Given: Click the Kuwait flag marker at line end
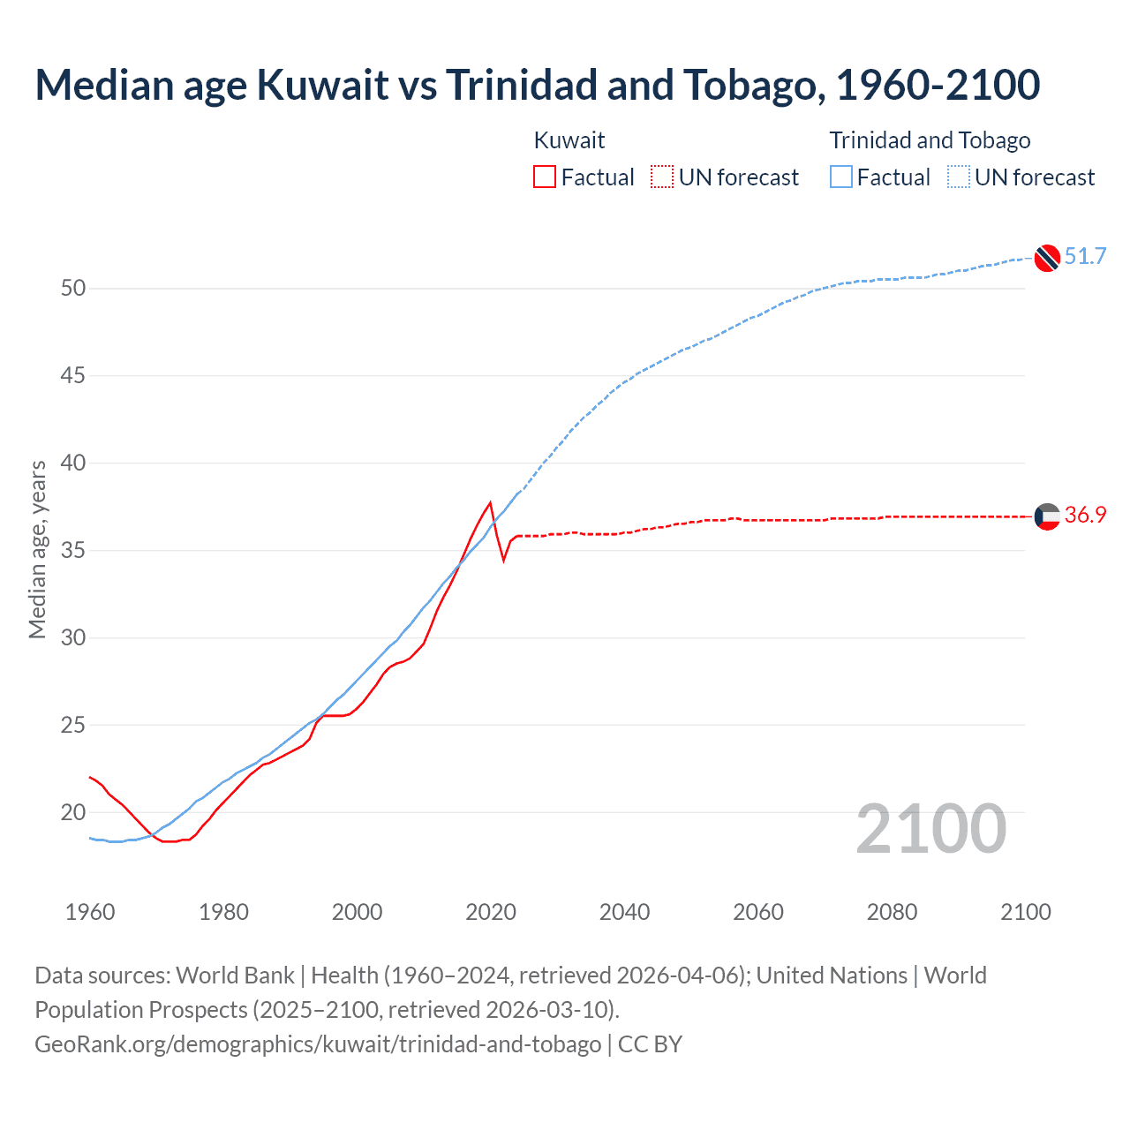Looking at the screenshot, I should [1047, 516].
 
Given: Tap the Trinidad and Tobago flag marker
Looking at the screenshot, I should [1047, 258].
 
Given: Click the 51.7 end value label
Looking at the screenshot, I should [1085, 257].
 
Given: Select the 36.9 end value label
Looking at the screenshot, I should [1085, 516].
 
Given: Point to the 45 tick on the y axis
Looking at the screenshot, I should [73, 376].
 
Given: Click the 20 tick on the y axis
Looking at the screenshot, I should [73, 812].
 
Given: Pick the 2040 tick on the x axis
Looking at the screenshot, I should [624, 912].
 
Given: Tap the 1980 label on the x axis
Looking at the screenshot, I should [223, 912].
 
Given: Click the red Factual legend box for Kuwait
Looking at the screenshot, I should [545, 177].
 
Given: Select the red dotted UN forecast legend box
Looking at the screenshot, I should [662, 177].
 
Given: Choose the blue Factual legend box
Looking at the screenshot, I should [841, 177].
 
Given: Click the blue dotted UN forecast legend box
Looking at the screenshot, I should [959, 177].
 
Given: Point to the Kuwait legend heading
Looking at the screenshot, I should [569, 140].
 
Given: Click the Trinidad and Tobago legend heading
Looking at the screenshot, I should [930, 140].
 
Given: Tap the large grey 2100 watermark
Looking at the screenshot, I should [930, 829].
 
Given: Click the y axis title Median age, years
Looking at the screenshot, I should [37, 549].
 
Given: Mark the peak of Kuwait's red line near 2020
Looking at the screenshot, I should [490, 502].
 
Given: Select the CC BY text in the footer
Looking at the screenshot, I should [650, 1044].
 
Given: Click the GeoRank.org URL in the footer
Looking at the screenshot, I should [318, 1044].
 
